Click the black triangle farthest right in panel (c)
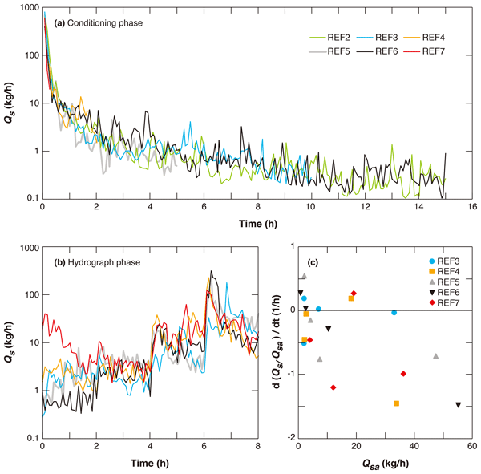tap(459, 405)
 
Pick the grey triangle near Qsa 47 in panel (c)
tap(435, 355)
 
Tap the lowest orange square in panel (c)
tap(397, 403)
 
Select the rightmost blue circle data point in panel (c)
tap(394, 313)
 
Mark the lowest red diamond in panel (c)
tap(333, 387)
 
